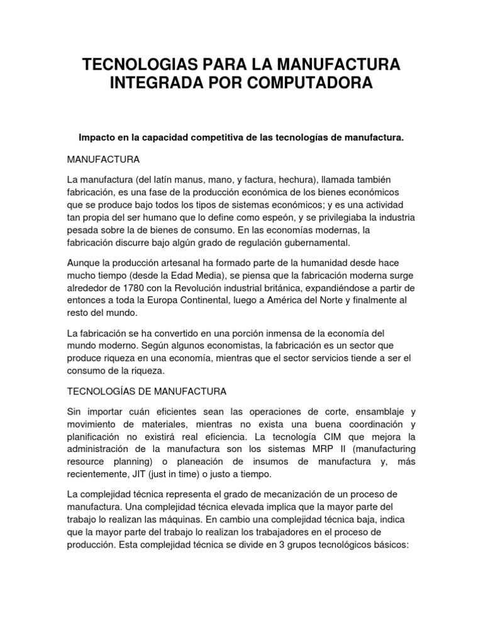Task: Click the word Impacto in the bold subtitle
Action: click(96, 136)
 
